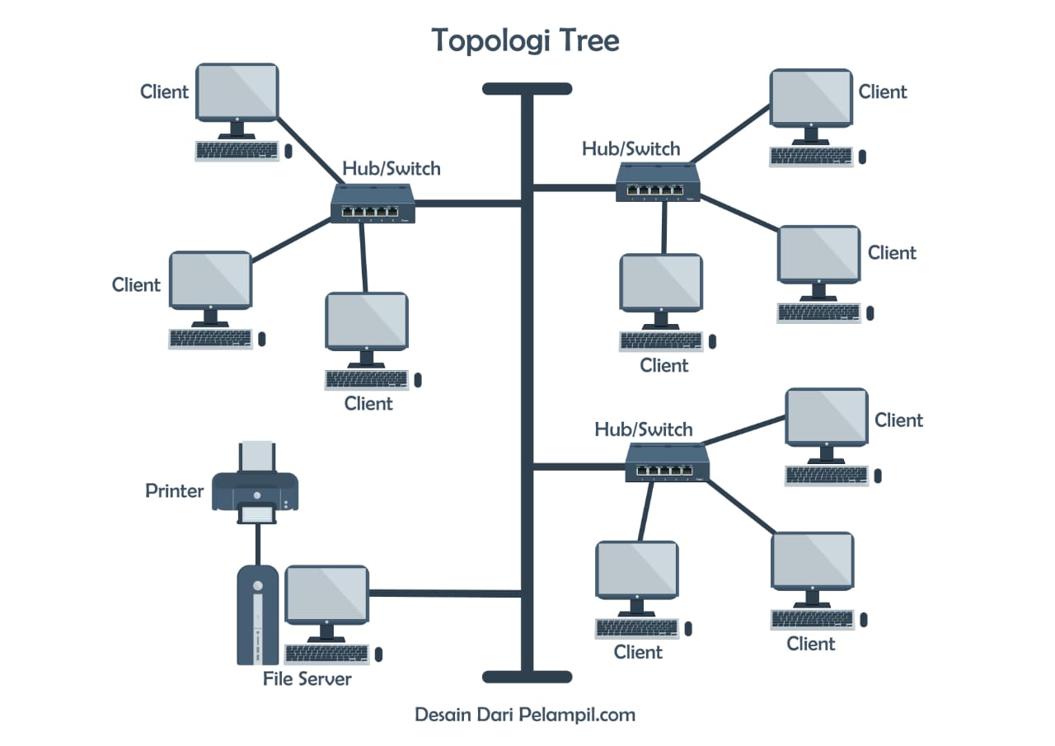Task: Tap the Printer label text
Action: tap(174, 491)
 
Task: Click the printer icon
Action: tap(256, 490)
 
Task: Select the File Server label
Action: tap(307, 679)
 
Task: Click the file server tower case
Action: tap(257, 614)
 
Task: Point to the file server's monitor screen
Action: tap(326, 594)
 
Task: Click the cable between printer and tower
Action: tap(258, 543)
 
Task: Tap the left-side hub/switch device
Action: tap(373, 203)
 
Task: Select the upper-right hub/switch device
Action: tap(658, 182)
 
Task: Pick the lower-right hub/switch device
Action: tap(667, 462)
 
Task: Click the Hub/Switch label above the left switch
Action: tap(392, 169)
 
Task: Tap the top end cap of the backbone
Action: tap(527, 89)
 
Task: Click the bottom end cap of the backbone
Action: tap(527, 677)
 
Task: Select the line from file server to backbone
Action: tap(445, 593)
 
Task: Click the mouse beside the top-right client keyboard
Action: tap(862, 156)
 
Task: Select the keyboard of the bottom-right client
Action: tap(813, 618)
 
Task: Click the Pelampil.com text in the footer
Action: tap(577, 715)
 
